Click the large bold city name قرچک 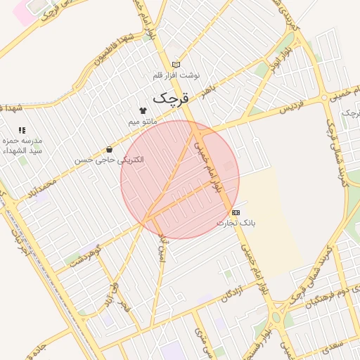(x=166, y=98)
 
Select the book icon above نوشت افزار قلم (x=176, y=65)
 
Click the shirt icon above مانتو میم (x=143, y=110)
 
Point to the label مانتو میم (x=143, y=122)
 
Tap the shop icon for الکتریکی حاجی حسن (x=110, y=149)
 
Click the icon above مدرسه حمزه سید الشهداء (x=22, y=130)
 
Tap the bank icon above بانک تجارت (x=236, y=212)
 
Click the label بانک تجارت (x=236, y=223)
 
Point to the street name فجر (x=124, y=307)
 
